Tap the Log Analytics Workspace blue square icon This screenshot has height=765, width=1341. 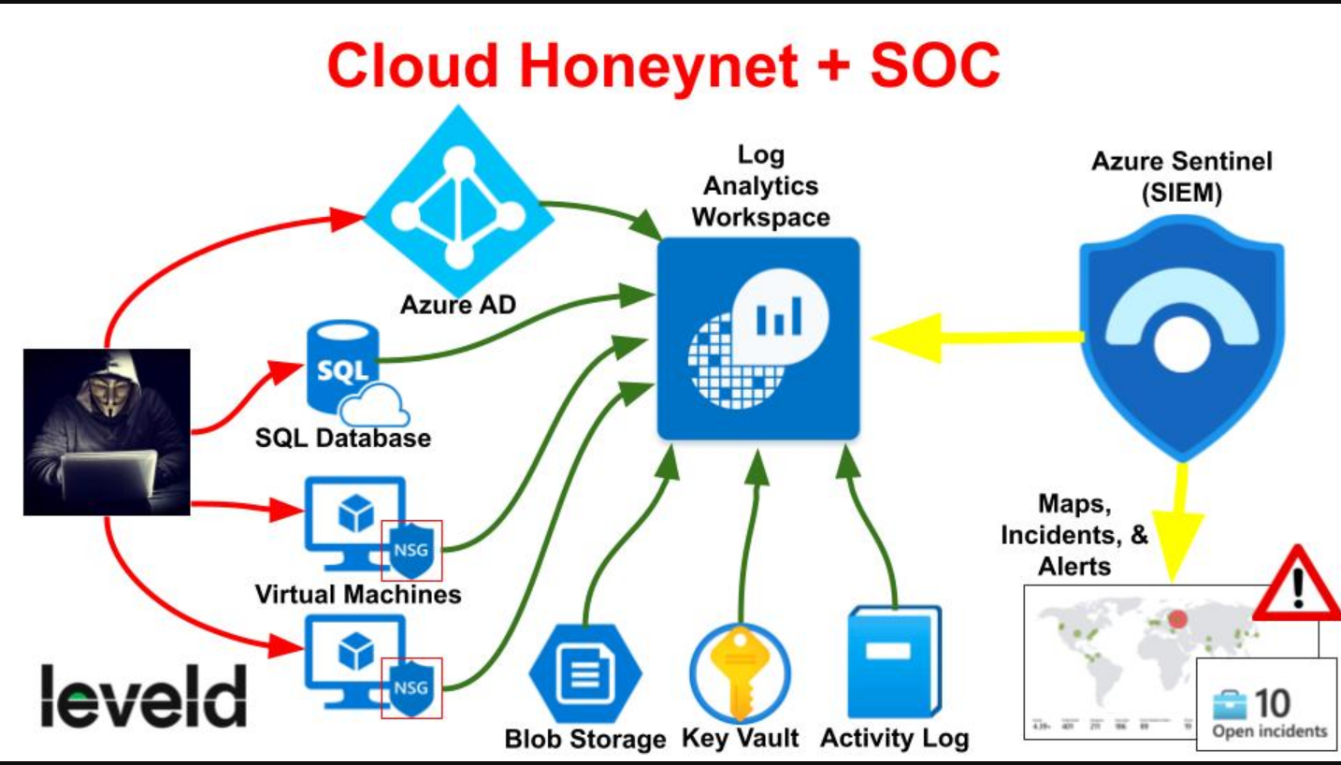758,338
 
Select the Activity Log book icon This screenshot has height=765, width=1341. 893,661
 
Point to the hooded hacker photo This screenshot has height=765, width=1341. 107,431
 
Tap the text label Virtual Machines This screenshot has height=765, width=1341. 358,594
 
